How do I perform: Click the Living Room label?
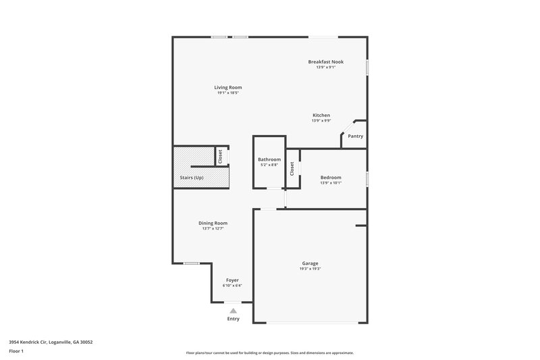coord(228,87)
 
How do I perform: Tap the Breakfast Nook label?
coord(325,61)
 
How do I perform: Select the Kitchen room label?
coord(321,115)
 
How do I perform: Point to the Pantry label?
coord(355,136)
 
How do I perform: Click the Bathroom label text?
coord(269,159)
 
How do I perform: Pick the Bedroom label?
coord(331,178)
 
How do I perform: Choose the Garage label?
coord(310,263)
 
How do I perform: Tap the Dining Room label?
coord(213,223)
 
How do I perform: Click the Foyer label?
coord(232,280)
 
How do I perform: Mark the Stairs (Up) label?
coord(192,178)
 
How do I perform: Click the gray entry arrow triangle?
coord(234,311)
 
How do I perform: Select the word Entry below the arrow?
coord(234,319)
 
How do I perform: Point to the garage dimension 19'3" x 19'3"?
coord(310,269)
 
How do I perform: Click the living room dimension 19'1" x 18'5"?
coord(228,93)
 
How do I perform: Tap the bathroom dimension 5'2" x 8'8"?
coord(269,165)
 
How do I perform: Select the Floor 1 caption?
coord(16,352)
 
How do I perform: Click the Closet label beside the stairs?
coord(220,156)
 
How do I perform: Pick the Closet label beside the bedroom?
coord(292,169)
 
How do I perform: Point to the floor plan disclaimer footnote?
coord(270,353)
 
